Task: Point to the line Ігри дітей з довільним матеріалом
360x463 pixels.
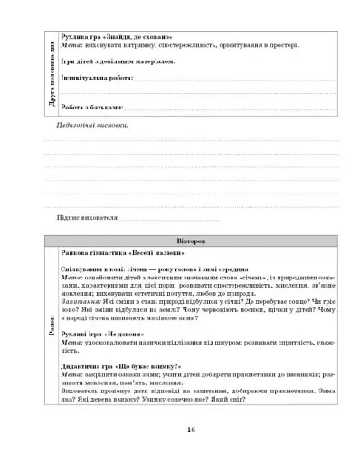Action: point(116,62)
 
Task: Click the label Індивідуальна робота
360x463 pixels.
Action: point(95,79)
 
